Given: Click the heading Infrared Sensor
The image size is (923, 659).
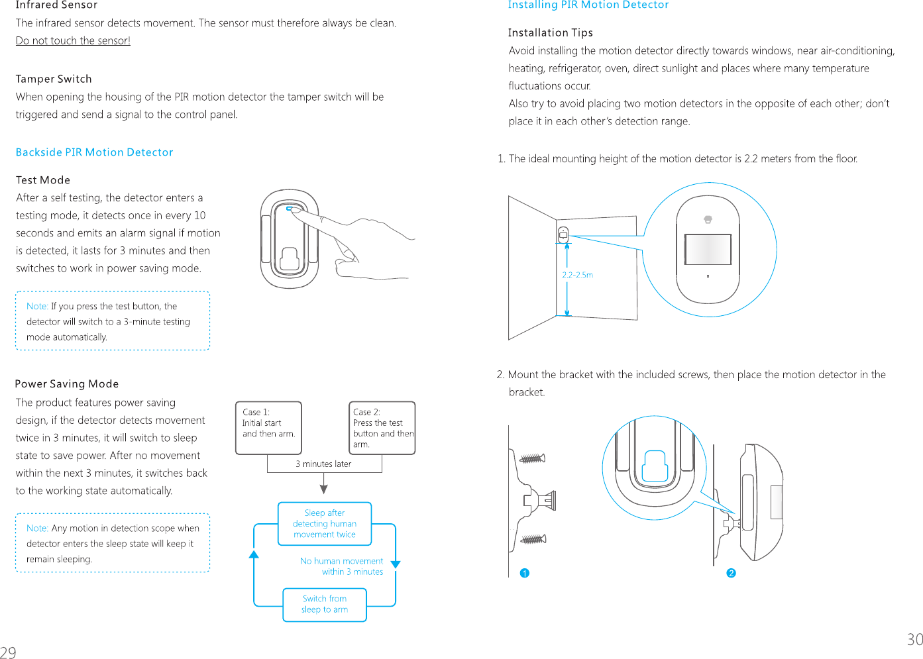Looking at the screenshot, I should click(x=56, y=5).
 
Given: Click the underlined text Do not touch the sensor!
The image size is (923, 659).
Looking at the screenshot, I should click(x=73, y=40).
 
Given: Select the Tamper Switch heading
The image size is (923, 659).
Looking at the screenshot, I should click(x=54, y=79).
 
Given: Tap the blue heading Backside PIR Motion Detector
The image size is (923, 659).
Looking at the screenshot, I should click(x=94, y=152).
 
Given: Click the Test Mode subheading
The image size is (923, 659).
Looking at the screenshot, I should click(x=43, y=180).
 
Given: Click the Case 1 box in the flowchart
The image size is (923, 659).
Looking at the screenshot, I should click(x=268, y=428).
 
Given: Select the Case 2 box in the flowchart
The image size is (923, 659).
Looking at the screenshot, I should click(x=382, y=428).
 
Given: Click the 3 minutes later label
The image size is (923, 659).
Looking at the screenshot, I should click(x=323, y=464).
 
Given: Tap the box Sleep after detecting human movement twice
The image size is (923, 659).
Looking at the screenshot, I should click(x=325, y=524).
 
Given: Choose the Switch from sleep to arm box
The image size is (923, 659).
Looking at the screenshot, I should click(x=325, y=604).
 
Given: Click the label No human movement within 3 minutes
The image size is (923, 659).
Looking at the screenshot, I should click(x=342, y=566).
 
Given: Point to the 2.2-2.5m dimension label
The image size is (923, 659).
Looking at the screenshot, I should click(x=577, y=275).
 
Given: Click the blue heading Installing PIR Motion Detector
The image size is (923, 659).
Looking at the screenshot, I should click(x=588, y=5).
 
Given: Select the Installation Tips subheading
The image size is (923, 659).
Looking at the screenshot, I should click(x=550, y=32).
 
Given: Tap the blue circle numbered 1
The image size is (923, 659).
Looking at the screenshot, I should click(x=525, y=573).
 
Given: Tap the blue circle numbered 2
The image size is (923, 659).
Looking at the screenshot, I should click(x=731, y=573).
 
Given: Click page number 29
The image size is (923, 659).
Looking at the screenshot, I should click(x=8, y=652).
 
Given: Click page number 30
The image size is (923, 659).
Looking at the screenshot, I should click(x=914, y=639).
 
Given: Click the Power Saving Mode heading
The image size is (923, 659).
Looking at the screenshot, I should click(x=66, y=384).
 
